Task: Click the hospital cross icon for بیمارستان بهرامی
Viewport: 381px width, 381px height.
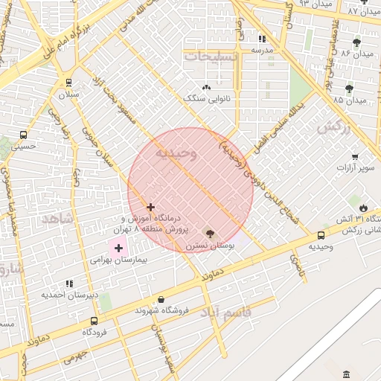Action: [x=118, y=247]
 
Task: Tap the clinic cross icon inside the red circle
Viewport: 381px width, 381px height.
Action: [x=150, y=207]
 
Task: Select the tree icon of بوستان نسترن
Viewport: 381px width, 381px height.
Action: [x=209, y=232]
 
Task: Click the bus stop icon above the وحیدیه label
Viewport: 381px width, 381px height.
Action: [x=321, y=234]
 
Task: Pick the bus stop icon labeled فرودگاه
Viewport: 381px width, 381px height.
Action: [x=93, y=321]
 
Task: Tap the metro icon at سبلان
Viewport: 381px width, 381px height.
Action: [x=69, y=83]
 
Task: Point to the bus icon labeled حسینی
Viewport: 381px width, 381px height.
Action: [x=24, y=135]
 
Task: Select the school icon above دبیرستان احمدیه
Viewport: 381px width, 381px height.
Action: [x=69, y=284]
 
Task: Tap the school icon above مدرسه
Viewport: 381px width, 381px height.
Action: [x=261, y=39]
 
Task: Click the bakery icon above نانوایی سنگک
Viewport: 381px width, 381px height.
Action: [x=206, y=88]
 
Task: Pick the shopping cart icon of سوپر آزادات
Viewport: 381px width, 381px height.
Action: [x=355, y=157]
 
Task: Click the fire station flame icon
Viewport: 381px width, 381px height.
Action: [x=363, y=207]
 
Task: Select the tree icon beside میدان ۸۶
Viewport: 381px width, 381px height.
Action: [x=357, y=42]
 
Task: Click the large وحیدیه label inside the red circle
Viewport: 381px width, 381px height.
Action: [x=176, y=153]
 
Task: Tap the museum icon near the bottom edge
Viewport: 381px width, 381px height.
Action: [x=348, y=374]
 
